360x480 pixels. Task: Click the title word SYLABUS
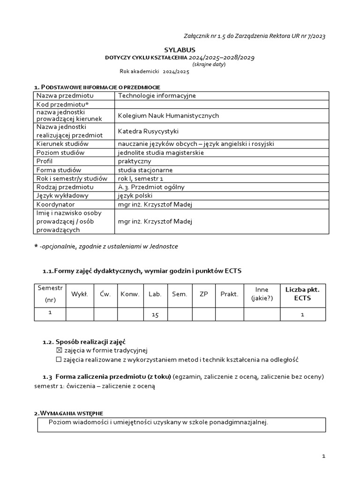point(180,49)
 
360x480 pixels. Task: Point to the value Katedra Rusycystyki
point(148,131)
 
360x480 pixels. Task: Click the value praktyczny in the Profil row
point(135,161)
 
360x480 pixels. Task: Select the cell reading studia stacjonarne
point(145,170)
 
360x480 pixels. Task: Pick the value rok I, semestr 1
point(141,179)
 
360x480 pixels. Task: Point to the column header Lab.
point(155,294)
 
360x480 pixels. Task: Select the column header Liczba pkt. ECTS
point(302,294)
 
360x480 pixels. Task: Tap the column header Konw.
point(130,294)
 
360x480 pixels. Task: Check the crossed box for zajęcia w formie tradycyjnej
point(59,350)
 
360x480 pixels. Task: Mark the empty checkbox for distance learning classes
point(59,360)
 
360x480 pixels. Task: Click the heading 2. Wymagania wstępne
point(68,412)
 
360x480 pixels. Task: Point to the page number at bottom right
point(323,456)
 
